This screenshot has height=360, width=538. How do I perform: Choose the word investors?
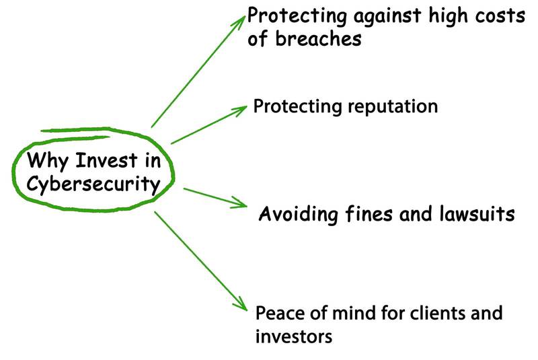(294, 335)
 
